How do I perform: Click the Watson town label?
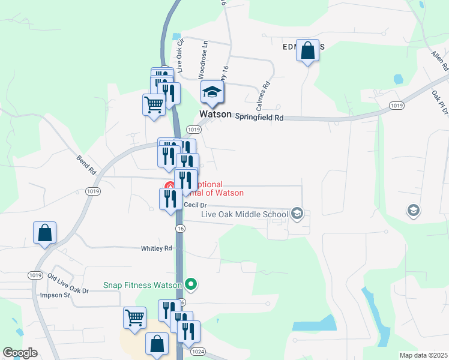(x=215, y=114)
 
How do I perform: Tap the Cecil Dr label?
(x=195, y=205)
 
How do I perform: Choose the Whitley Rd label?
(x=156, y=248)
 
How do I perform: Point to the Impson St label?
(x=55, y=295)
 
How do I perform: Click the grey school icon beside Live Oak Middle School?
(x=297, y=213)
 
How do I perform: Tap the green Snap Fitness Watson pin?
(x=191, y=284)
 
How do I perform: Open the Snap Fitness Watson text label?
(x=142, y=286)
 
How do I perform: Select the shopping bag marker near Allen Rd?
(x=307, y=52)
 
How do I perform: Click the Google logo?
(x=20, y=353)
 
